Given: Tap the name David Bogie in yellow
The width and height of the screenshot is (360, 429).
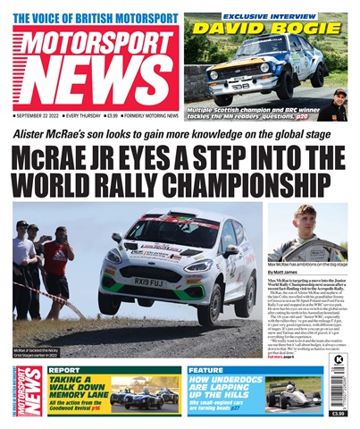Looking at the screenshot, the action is [x=268, y=28].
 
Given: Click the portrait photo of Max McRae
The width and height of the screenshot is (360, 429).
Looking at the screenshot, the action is [x=306, y=231].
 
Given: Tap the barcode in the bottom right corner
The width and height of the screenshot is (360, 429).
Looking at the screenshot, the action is [x=339, y=390].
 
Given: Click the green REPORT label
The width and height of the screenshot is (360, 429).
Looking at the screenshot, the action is [x=64, y=369].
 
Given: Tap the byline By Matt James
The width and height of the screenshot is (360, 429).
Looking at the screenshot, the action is [x=285, y=272].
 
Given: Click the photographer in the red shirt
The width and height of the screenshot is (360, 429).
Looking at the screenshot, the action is [x=57, y=259].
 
